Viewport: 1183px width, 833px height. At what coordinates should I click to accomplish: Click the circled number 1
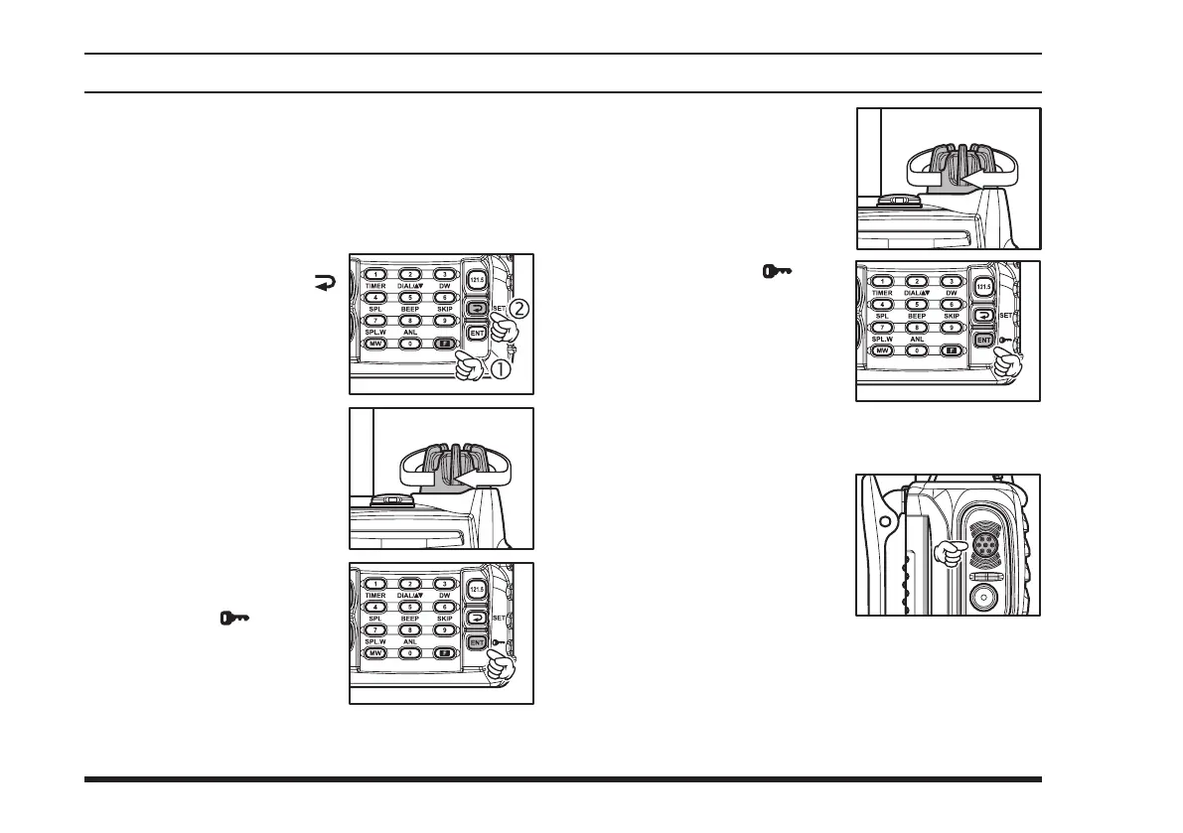pyautogui.click(x=502, y=369)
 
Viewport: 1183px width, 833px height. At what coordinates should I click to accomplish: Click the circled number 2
pyautogui.click(x=520, y=309)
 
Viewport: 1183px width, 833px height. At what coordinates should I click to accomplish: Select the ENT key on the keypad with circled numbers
pyautogui.click(x=478, y=332)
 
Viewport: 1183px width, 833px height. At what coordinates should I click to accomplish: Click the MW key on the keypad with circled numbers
pyautogui.click(x=374, y=345)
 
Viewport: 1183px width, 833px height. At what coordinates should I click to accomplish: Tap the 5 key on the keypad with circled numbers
pyautogui.click(x=410, y=297)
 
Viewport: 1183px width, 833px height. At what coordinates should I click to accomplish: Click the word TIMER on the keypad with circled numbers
pyautogui.click(x=374, y=285)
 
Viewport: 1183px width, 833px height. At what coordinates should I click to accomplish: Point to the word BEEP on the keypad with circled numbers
pyautogui.click(x=410, y=309)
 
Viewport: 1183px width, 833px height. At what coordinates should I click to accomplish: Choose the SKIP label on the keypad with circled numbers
pyautogui.click(x=446, y=309)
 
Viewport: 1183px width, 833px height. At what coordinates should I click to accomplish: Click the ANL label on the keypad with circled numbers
pyautogui.click(x=410, y=333)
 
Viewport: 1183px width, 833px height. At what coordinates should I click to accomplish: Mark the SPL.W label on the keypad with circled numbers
pyautogui.click(x=376, y=333)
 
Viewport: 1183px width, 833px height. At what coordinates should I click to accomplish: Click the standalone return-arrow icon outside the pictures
pyautogui.click(x=326, y=282)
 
